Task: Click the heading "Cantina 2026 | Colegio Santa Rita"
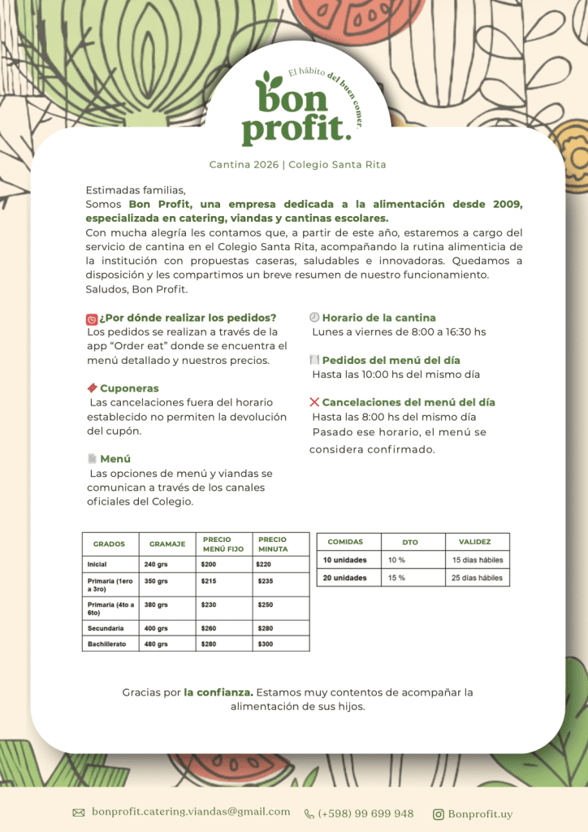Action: [297, 165]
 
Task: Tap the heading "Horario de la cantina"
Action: [378, 318]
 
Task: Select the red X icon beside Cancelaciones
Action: [314, 402]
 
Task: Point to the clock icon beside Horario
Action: [314, 318]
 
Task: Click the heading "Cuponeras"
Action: [129, 388]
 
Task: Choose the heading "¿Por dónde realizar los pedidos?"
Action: [188, 318]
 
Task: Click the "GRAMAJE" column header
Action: [167, 544]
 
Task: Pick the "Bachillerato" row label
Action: [106, 643]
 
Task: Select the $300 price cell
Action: [266, 643]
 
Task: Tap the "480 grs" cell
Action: [156, 643]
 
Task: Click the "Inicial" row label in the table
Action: [97, 564]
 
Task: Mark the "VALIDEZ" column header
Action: [474, 542]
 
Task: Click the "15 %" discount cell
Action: [396, 578]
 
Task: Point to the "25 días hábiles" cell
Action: [478, 578]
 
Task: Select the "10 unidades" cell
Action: [345, 560]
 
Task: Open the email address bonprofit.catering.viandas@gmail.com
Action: [191, 812]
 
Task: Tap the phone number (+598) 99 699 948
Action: [365, 813]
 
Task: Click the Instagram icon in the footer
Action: [439, 814]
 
